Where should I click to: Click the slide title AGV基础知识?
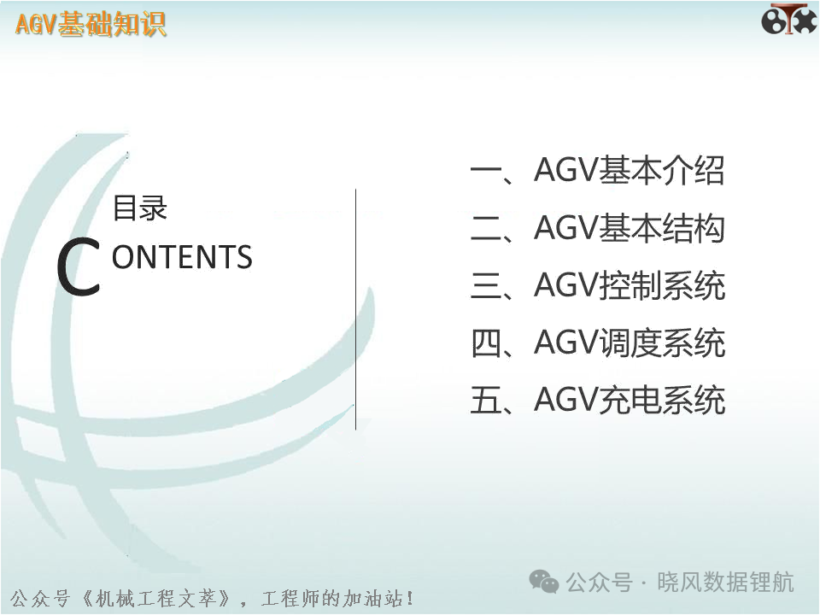coord(91,24)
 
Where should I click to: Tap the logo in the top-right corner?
coord(788,20)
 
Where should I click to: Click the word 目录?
coord(139,208)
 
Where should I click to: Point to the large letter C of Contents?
coord(79,266)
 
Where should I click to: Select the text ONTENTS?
coord(182,257)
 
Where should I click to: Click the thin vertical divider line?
coord(355,309)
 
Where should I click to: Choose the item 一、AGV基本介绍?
coord(597,171)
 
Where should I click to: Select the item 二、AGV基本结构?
coord(597,228)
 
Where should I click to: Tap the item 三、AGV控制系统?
coord(597,285)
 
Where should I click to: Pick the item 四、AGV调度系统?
coord(597,343)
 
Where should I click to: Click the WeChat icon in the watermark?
coord(544,581)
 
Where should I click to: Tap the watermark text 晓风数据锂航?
coord(726,582)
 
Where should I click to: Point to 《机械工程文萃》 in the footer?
coord(155,598)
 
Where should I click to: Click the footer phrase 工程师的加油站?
coord(331,598)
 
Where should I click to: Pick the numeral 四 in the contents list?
coord(486,343)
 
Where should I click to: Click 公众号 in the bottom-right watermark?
coord(599,582)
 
